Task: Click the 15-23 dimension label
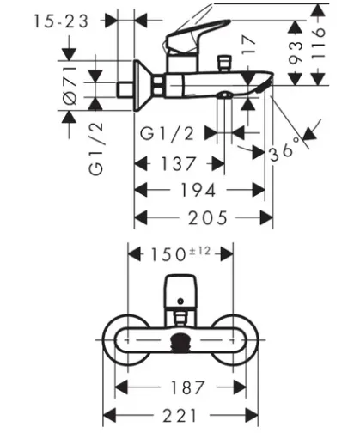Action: point(61,21)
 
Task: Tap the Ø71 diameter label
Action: point(70,85)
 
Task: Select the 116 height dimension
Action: point(318,44)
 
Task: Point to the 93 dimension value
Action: point(296,52)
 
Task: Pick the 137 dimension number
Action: point(179,164)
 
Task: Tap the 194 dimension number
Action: point(198,190)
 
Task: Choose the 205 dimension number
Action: point(208,218)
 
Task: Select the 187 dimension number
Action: point(188,387)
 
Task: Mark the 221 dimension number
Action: point(180,416)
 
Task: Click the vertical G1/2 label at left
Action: point(95,149)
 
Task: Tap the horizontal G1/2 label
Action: point(168,133)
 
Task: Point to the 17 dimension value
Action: point(248,45)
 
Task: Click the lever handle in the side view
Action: point(197,35)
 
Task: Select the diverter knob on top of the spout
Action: point(224,63)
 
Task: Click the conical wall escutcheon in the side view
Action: point(144,85)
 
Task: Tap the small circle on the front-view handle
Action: point(180,302)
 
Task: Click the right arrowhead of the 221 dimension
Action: point(252,416)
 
